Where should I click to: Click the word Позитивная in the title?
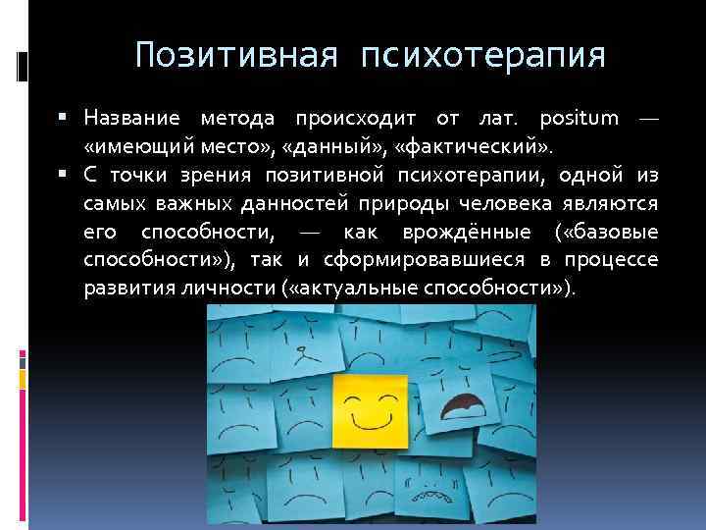236,55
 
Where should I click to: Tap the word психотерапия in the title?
483,55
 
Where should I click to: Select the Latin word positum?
582,120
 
